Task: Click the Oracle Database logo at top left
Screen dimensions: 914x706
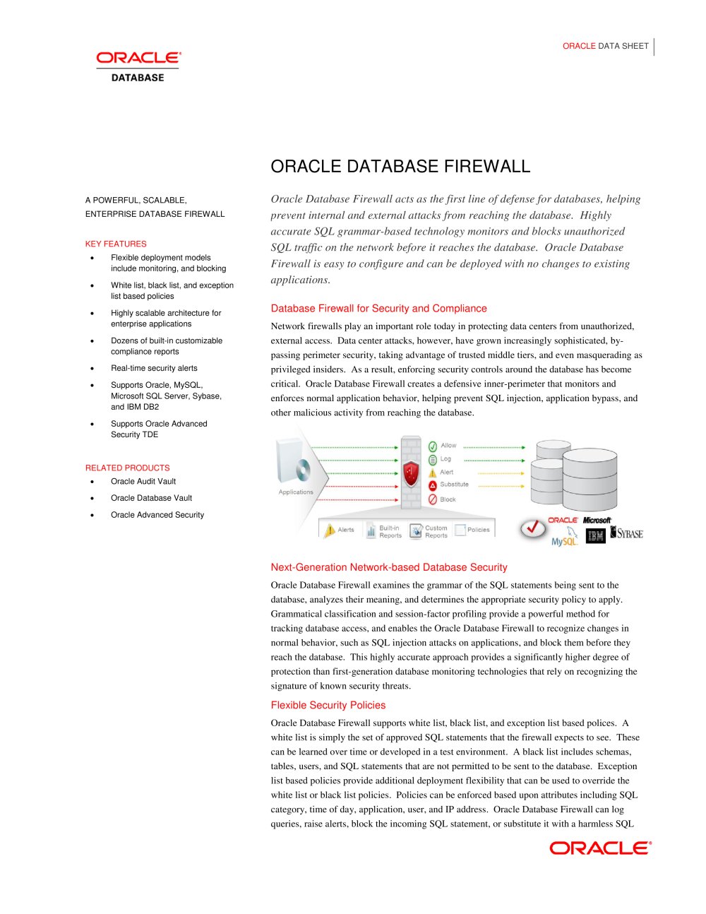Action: point(138,66)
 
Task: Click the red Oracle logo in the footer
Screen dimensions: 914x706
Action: point(600,848)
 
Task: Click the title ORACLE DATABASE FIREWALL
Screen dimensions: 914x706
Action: point(400,167)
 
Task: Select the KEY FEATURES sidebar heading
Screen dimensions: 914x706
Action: point(116,244)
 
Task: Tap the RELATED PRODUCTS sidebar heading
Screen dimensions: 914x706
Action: point(127,468)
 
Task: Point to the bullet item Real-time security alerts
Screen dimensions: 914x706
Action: point(154,368)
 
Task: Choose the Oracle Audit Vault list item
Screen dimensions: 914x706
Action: point(143,481)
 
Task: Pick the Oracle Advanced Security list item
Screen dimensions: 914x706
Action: point(157,515)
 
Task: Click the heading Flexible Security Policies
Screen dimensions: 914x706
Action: point(328,705)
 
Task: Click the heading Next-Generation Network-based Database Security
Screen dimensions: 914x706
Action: point(389,567)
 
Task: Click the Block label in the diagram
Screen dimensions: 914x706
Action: point(448,499)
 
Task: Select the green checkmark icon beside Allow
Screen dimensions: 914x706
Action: point(433,446)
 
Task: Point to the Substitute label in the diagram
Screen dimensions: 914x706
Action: point(454,485)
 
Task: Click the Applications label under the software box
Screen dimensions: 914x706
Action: point(296,492)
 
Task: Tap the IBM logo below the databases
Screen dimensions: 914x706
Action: point(596,536)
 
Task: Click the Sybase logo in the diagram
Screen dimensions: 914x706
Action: point(627,533)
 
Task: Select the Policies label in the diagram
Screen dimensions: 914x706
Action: point(478,530)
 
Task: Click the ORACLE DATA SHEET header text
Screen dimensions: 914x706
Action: point(605,46)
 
